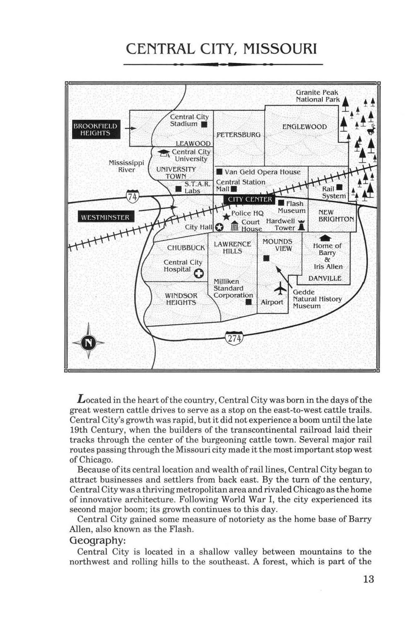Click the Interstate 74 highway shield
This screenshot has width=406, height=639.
pyautogui.click(x=132, y=196)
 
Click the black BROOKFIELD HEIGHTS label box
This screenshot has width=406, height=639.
pyautogui.click(x=96, y=129)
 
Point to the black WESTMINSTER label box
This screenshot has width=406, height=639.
pyautogui.click(x=106, y=217)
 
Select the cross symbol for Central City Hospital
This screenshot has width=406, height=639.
pyautogui.click(x=199, y=274)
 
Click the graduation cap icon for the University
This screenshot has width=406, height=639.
pyautogui.click(x=163, y=153)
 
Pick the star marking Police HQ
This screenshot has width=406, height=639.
pyautogui.click(x=226, y=216)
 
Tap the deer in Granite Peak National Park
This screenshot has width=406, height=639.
pyautogui.click(x=371, y=129)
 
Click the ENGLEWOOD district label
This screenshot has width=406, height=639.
pyautogui.click(x=304, y=127)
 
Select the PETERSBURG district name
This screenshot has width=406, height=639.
pyautogui.click(x=239, y=135)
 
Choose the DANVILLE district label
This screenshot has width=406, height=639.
pyautogui.click(x=325, y=278)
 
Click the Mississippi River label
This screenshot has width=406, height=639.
pyautogui.click(x=126, y=166)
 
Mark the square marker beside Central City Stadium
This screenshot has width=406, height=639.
pyautogui.click(x=204, y=124)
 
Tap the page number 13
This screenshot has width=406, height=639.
pyautogui.click(x=369, y=579)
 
